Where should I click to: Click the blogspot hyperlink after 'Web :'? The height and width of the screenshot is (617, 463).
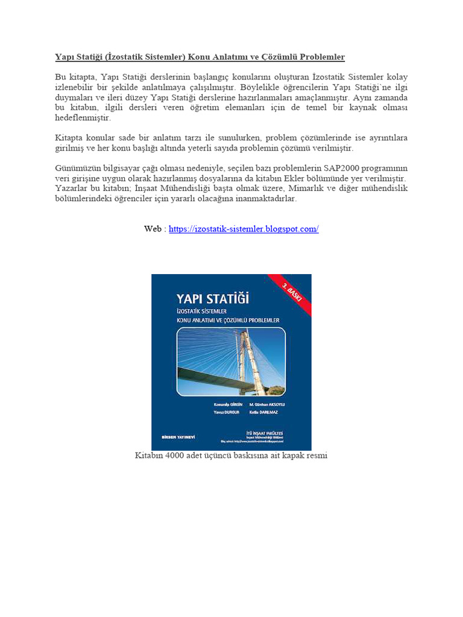click(244, 229)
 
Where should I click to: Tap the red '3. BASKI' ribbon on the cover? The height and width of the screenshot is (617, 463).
click(292, 295)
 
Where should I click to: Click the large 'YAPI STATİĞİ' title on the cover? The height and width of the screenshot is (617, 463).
click(212, 298)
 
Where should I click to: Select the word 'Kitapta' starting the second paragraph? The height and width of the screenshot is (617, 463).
click(70, 137)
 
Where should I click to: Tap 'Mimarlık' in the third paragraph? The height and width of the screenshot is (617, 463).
click(326, 189)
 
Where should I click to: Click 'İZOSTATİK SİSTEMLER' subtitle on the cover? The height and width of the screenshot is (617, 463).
click(202, 310)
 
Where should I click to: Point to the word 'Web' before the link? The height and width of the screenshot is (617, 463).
click(153, 229)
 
